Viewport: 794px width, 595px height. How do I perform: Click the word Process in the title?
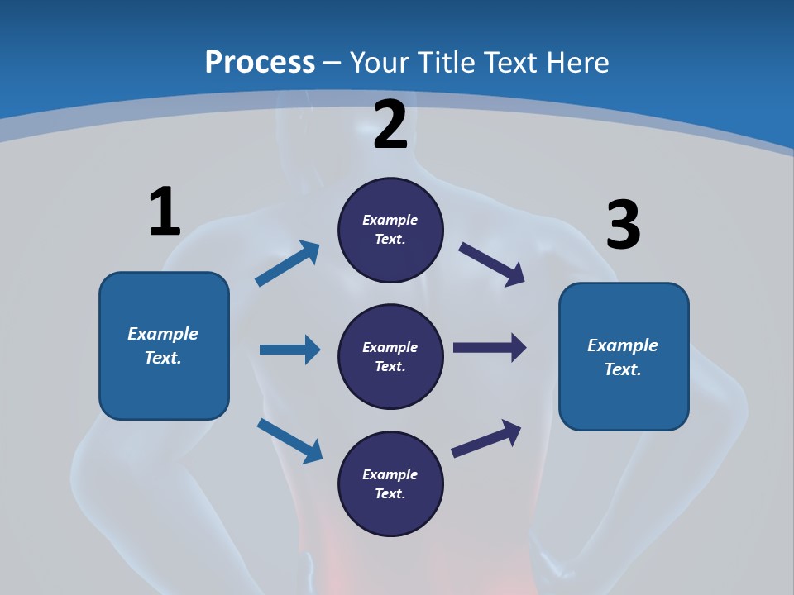point(260,63)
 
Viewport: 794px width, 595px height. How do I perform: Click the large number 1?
point(165,212)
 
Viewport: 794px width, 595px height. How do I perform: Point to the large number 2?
point(390,125)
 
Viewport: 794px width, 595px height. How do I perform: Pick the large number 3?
point(623,226)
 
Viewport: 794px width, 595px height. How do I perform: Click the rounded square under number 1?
point(164,345)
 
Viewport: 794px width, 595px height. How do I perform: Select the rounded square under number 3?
point(624,356)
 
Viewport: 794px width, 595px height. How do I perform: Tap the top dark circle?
point(390,230)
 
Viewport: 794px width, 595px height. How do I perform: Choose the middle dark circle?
point(390,357)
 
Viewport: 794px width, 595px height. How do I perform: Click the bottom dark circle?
point(390,484)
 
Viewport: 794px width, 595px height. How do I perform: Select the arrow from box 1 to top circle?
point(287,264)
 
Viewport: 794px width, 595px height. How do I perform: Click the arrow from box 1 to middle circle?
point(289,350)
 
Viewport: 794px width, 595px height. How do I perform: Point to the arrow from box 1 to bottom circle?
point(289,440)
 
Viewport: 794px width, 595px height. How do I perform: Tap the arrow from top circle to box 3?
point(492,264)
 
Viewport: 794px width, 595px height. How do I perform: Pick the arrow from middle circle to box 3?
point(490,348)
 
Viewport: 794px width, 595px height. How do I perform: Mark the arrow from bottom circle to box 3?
point(486,438)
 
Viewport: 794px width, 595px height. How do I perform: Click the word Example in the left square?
point(163,334)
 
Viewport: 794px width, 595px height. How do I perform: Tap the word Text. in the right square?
point(623,369)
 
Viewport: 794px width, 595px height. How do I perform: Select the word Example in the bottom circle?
point(390,474)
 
